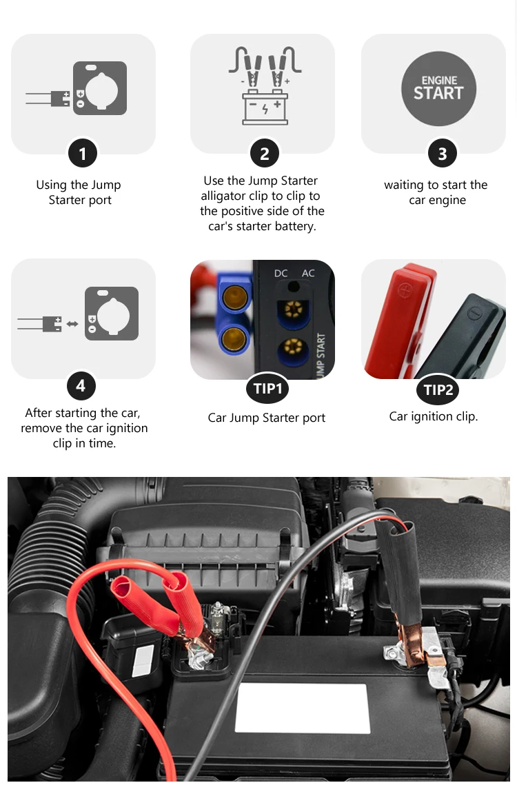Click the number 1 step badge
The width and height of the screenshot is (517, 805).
[x=82, y=153]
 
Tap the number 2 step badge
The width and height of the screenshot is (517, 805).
[x=265, y=153]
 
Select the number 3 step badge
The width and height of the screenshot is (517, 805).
[x=442, y=153]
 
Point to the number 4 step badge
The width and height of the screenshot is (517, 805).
[x=81, y=385]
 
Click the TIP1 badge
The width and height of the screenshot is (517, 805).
[x=267, y=389]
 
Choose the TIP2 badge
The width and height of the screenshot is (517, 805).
[x=438, y=389]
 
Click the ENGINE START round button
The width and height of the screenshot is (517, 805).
[x=438, y=88]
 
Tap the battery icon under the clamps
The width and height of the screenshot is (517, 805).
[x=265, y=108]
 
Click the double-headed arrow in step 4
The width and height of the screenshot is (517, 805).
[x=72, y=324]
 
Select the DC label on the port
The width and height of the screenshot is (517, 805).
[x=281, y=273]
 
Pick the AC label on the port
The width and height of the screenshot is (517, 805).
[x=308, y=273]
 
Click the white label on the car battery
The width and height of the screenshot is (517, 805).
[x=303, y=709]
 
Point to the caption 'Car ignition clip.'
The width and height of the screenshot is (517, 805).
[x=434, y=416]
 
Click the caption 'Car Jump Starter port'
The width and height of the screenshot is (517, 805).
[x=267, y=418]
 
